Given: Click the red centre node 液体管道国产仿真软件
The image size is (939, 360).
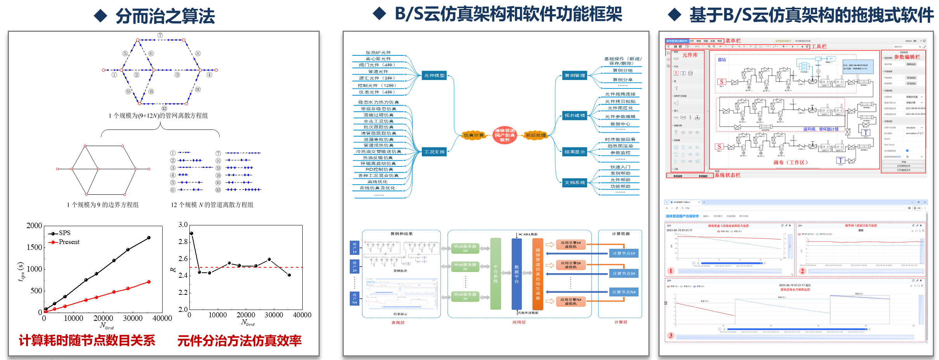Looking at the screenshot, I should point(504,135).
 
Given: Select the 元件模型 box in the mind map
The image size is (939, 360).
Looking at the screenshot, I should point(434,76).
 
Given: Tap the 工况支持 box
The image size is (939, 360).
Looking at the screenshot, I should point(434,152).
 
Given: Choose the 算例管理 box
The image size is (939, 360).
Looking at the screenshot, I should point(575,76).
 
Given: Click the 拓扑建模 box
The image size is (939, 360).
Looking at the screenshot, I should point(575,116).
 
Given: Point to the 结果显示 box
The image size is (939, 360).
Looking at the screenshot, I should point(575,152).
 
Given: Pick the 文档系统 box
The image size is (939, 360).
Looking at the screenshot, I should point(575,182).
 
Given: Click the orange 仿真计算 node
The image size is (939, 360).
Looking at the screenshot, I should point(473,135).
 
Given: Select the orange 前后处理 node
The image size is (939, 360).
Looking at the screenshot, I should point(535,135).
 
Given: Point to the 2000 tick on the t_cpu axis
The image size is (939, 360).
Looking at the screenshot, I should point(34,226).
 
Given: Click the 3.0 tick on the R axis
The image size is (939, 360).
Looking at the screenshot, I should point(183,225).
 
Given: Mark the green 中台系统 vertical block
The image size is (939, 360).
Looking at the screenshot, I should point(495,273).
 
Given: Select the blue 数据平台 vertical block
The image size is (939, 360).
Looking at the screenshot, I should point(516,273).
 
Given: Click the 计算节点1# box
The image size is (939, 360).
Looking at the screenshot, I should point(624,253).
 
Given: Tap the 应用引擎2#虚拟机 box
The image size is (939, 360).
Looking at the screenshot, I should point(570,265).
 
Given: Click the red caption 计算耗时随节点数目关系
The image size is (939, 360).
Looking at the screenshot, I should point(87,341).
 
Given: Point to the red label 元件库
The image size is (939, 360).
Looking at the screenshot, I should point(690,55).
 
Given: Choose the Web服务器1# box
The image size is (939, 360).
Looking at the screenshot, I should point(465,248).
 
